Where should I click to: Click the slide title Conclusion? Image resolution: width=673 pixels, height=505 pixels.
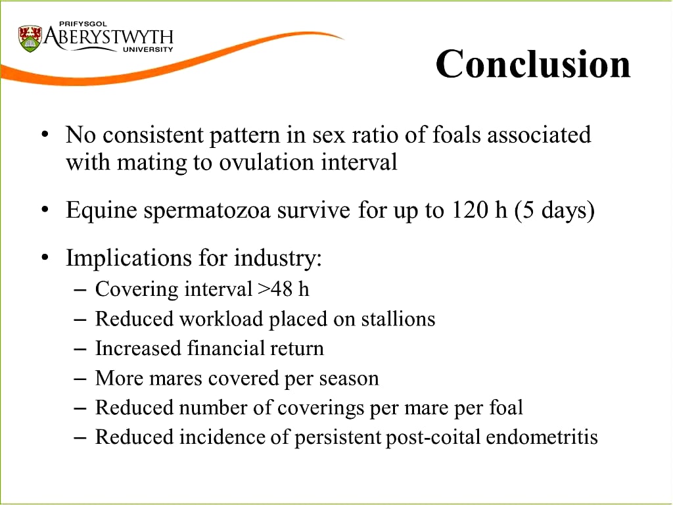click(533, 64)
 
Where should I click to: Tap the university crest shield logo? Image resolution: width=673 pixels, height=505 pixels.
click(30, 39)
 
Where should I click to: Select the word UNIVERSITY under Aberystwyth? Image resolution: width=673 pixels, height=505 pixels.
click(148, 49)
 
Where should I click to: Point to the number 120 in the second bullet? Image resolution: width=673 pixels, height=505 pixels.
click(469, 210)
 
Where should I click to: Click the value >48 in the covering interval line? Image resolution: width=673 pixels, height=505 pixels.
click(275, 289)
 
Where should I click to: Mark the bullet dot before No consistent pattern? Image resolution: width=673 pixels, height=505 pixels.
click(45, 134)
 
